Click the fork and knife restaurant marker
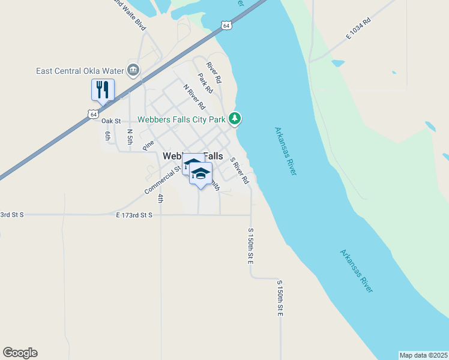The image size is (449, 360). (x=101, y=90)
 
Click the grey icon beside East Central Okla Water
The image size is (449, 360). (x=133, y=70)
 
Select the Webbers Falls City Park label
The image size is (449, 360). (x=181, y=119)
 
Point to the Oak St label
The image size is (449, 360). (x=111, y=121)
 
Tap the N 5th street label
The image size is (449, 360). (x=129, y=136)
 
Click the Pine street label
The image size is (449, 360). (x=148, y=145)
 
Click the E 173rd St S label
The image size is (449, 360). (x=134, y=214)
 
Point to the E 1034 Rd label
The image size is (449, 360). (x=358, y=29)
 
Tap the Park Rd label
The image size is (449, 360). (x=205, y=83)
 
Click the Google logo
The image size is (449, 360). (x=20, y=353)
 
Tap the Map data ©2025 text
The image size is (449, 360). (x=423, y=355)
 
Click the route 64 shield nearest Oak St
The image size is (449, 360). (x=92, y=113)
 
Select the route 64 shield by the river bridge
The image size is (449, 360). (x=225, y=25)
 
